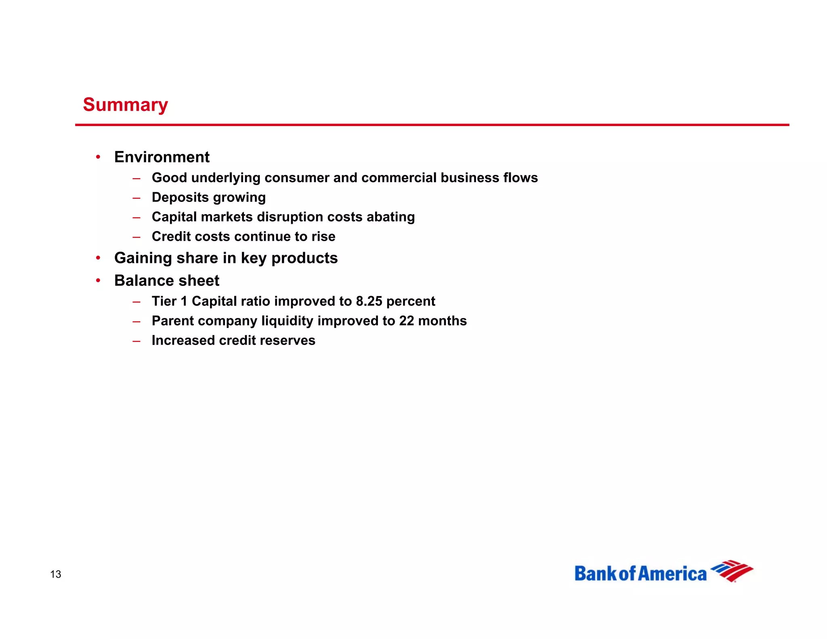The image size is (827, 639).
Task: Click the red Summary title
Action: [x=125, y=105]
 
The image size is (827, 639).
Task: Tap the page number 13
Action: [x=56, y=574]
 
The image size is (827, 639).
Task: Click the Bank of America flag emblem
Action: [x=732, y=570]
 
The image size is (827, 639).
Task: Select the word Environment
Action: [x=162, y=157]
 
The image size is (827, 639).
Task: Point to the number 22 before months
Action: [x=407, y=321]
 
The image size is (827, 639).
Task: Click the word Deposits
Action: [x=180, y=197]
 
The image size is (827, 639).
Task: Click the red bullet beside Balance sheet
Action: [x=98, y=280]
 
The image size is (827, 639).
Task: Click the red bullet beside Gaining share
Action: [x=98, y=258]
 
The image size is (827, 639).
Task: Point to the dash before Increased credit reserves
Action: [x=136, y=341]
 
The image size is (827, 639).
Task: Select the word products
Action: [x=304, y=258]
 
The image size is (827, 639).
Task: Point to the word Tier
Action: [x=164, y=301]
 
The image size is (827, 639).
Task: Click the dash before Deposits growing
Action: [x=136, y=198]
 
